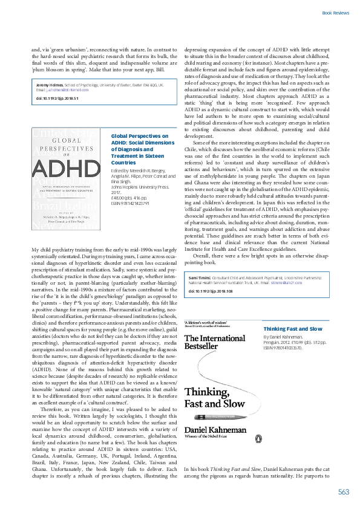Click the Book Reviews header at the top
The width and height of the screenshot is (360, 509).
point(335,12)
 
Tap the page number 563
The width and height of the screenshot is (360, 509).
point(344,492)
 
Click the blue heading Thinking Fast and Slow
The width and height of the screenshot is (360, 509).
point(292,328)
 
